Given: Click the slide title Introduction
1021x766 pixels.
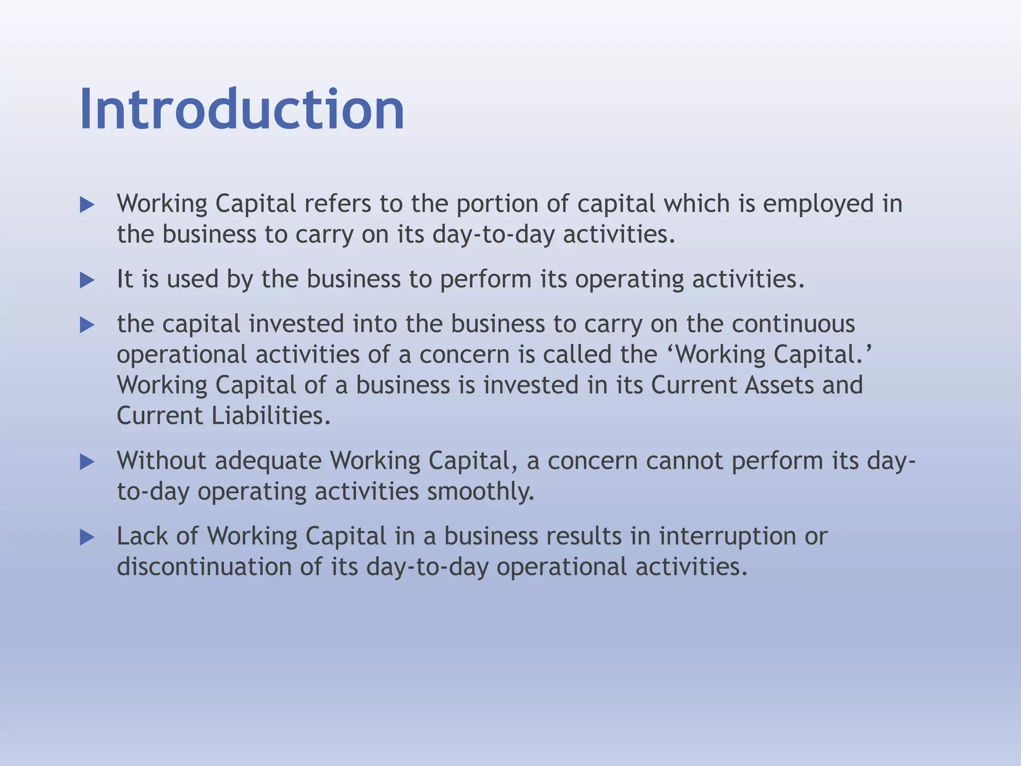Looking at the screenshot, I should pyautogui.click(x=242, y=109).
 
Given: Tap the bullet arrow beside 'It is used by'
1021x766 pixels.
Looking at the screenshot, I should pyautogui.click(x=87, y=280).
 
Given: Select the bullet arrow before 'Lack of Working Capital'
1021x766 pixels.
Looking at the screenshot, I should pyautogui.click(x=87, y=538).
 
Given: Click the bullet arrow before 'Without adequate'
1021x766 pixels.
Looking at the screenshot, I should pyautogui.click(x=87, y=462).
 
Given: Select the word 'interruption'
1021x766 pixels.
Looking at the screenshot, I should pyautogui.click(x=727, y=537).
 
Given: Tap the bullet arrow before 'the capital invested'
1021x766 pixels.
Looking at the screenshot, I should pyautogui.click(x=87, y=326).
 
